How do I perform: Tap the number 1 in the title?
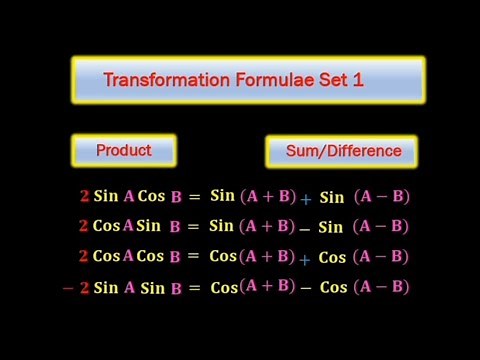(x=358, y=80)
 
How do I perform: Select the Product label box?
(x=124, y=151)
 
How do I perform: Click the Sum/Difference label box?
(x=341, y=152)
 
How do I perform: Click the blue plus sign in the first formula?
(x=306, y=199)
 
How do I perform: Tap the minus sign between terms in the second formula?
(x=304, y=228)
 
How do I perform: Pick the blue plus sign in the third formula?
(x=305, y=258)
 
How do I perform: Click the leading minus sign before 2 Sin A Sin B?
(x=68, y=288)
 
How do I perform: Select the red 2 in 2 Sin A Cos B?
(x=84, y=197)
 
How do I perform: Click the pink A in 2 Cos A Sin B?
(x=128, y=226)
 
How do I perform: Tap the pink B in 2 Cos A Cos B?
(x=175, y=257)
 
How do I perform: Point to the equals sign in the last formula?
(x=193, y=288)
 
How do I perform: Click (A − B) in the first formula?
(x=381, y=196)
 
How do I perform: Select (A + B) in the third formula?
(x=268, y=256)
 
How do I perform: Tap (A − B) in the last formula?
(x=381, y=287)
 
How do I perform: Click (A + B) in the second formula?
(x=268, y=226)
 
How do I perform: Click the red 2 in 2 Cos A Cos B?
(x=84, y=257)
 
